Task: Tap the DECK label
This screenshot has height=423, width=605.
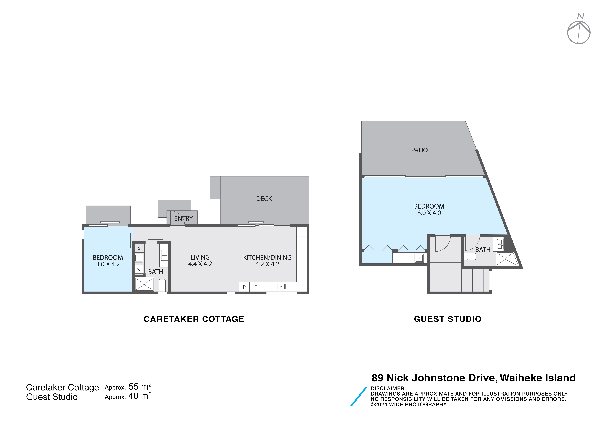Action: [264, 199]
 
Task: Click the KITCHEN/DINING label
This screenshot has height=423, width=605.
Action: [267, 257]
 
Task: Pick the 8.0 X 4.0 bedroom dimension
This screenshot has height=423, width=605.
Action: [429, 213]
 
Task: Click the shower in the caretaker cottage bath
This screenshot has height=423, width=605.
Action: [144, 284]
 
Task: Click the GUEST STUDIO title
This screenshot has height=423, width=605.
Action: [448, 319]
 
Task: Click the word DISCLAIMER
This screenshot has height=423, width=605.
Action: [387, 388]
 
